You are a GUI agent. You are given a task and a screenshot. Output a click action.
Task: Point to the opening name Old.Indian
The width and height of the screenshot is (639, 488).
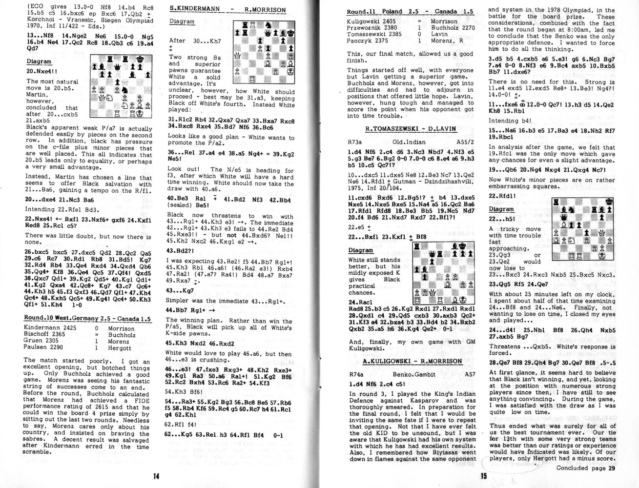pyautogui.click(x=410, y=142)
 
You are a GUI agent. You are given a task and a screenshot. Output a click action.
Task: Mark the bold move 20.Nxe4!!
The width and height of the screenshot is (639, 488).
pyautogui.click(x=44, y=71)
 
